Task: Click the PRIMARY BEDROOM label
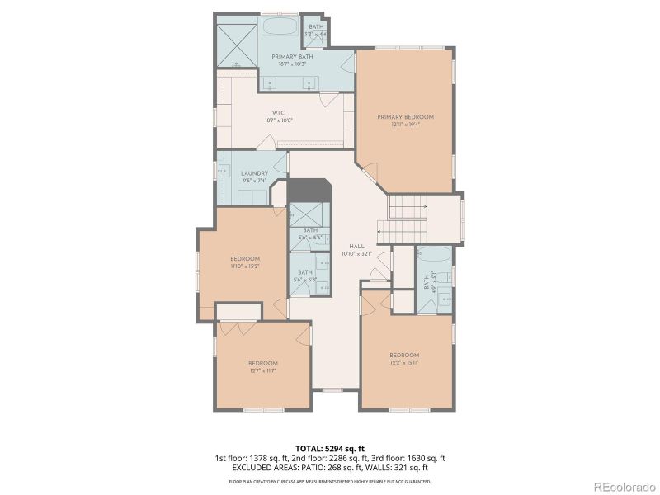405,117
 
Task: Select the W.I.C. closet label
279,113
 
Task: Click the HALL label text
356,246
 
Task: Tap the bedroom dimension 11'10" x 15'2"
245,266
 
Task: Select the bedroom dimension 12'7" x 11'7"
262,370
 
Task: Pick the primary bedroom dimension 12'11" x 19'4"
405,125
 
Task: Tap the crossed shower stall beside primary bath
238,40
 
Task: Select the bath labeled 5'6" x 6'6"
309,233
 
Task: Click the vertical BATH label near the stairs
427,281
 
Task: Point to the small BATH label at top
316,26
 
